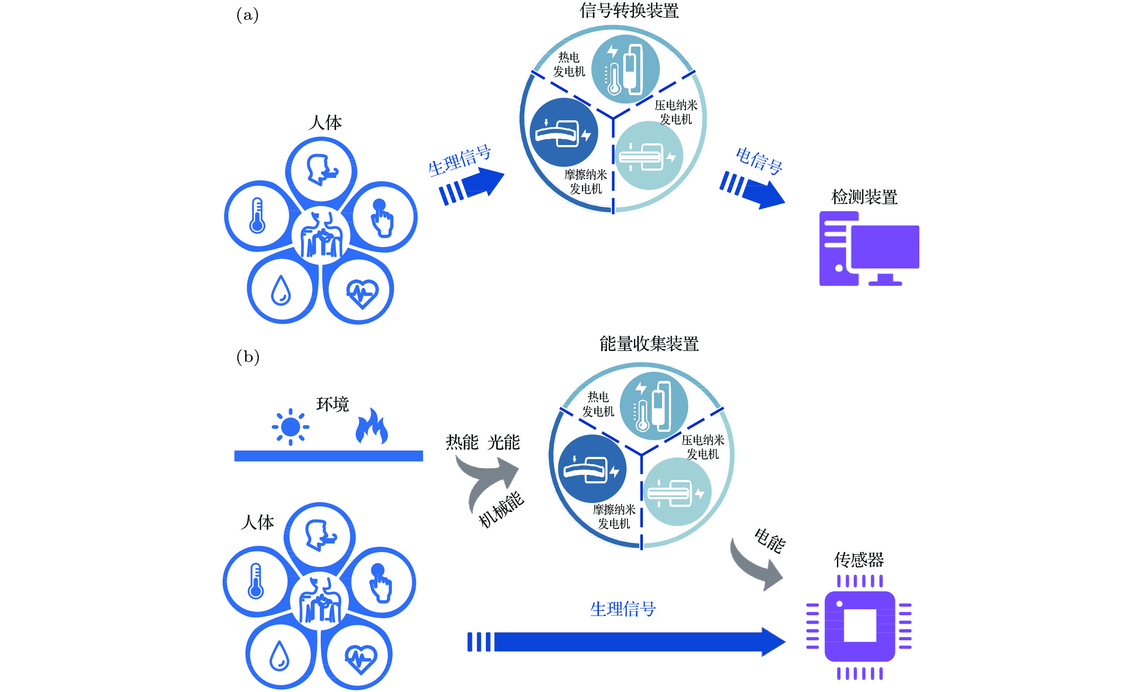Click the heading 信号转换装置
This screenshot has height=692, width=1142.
tap(629, 10)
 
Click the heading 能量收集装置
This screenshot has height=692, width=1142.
tap(649, 343)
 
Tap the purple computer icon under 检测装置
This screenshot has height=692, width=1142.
tap(869, 248)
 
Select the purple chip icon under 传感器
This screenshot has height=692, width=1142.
tap(859, 627)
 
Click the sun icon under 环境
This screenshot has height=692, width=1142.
tap(291, 426)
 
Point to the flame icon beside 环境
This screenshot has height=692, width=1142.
tap(372, 426)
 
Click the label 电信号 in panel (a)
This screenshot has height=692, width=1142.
tap(759, 160)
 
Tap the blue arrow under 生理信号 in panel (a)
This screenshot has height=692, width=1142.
tap(471, 186)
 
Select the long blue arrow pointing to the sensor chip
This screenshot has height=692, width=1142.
tap(626, 642)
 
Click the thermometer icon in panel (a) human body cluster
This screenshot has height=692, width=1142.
tap(257, 215)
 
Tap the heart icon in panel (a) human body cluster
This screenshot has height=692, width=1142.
tap(363, 293)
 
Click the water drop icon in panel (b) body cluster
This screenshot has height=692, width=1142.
tap(279, 655)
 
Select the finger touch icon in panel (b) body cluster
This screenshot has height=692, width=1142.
tap(381, 583)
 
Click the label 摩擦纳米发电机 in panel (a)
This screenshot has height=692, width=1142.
tap(585, 182)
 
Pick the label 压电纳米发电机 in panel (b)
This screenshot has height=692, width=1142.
tap(703, 447)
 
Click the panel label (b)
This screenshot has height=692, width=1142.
tap(248, 357)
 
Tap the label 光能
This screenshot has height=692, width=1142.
tap(503, 442)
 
